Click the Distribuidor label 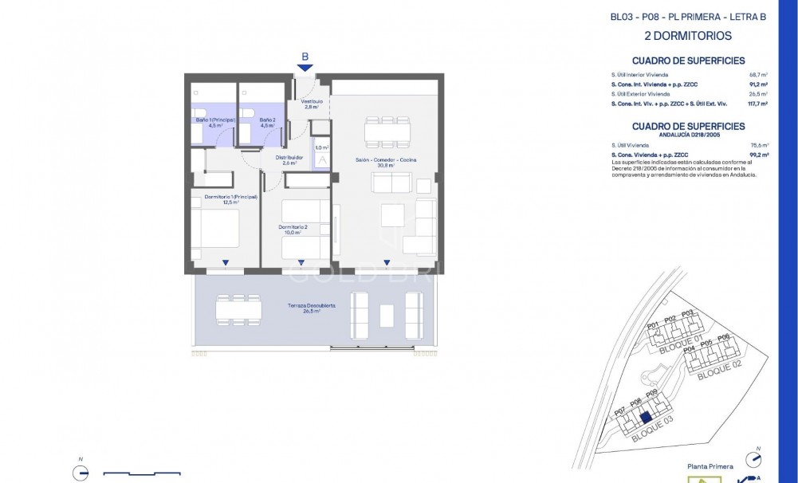point(289,159)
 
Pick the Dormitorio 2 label point(293,230)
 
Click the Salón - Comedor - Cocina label point(386,162)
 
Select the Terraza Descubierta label point(311,308)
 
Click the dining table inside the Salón point(386,131)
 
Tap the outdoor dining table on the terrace point(238,307)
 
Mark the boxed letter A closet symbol point(322,159)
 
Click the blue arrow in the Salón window point(386,262)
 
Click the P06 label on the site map point(723,338)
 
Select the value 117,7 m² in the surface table point(756,104)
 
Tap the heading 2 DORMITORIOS point(687,36)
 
